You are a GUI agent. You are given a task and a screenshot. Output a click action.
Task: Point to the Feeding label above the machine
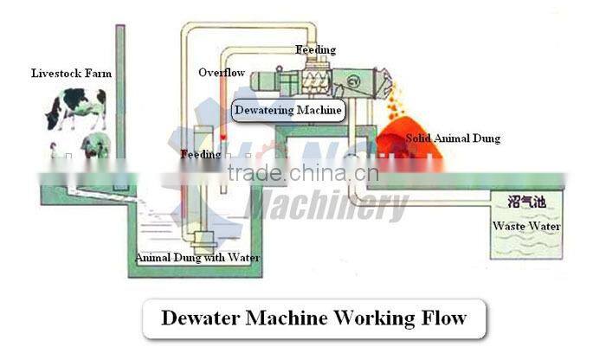coord(315,50)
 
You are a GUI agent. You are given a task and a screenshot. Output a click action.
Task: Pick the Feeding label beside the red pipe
coord(200,154)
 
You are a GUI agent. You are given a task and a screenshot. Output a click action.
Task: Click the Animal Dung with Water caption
coord(197,257)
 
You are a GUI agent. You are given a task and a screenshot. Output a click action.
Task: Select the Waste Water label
coord(526,227)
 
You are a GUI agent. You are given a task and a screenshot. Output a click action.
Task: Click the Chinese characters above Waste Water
coord(526,202)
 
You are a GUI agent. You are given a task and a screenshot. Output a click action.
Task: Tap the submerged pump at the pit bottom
coord(205,238)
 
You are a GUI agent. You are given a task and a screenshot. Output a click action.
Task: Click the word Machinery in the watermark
coord(328,207)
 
